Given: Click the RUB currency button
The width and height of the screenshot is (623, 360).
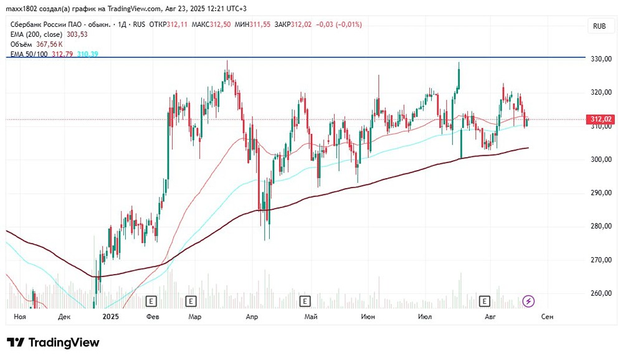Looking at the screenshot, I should (599, 26).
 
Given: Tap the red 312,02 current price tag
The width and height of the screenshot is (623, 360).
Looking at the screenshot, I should (602, 120).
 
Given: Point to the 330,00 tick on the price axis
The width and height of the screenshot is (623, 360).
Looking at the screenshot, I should (601, 59).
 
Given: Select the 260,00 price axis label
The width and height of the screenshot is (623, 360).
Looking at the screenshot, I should (601, 293).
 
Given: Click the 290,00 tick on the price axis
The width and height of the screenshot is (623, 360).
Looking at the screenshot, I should (601, 193).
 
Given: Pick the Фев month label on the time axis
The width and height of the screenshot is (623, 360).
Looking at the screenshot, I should (152, 317).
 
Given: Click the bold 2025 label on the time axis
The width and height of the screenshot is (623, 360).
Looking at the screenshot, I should (110, 317).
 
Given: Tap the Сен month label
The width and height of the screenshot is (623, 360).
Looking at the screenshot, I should (548, 317).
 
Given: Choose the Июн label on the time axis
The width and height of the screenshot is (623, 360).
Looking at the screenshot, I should (368, 317).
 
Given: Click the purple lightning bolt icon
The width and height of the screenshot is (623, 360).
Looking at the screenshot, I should (528, 301).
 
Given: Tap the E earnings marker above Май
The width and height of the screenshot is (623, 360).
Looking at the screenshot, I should (305, 301).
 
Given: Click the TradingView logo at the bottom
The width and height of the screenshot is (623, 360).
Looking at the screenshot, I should (53, 343).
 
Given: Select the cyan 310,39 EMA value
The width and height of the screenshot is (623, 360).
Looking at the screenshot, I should (87, 54).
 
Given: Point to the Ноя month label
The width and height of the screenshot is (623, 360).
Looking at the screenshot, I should (19, 317).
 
